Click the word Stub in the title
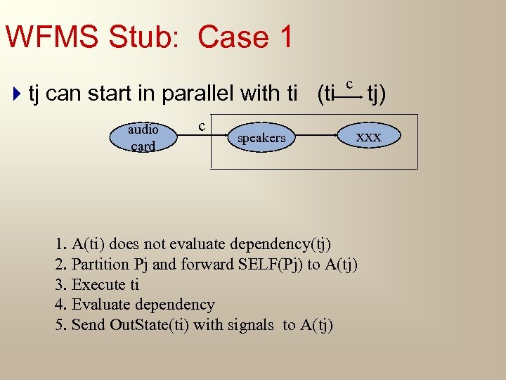(148, 37)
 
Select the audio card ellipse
(142, 138)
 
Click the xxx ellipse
(368, 137)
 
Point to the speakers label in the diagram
(261, 138)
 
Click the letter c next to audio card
(202, 126)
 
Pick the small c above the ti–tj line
(349, 83)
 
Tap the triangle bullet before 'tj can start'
(18, 93)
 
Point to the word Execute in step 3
(100, 285)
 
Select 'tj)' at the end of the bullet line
(381, 93)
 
